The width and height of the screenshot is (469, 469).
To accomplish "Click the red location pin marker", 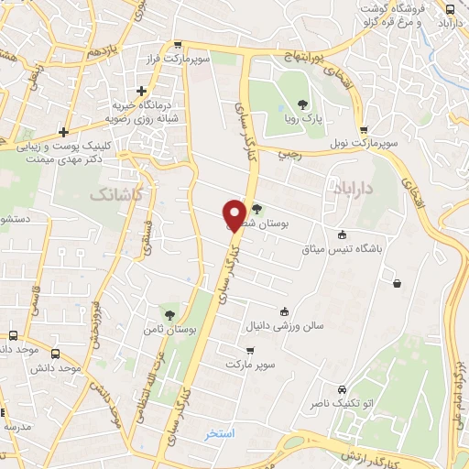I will [234, 214].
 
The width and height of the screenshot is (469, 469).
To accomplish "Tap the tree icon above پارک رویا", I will [303, 104].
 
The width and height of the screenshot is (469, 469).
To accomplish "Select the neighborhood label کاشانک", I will [116, 195].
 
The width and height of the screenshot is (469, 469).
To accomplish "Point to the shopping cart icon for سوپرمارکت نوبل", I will [365, 129].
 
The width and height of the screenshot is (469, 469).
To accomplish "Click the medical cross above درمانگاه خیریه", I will [141, 91].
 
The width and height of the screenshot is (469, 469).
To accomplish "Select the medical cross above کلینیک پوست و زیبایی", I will [62, 130].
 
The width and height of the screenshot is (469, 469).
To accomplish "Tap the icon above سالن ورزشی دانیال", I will [284, 310].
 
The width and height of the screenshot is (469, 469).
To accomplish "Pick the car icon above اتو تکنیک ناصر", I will [343, 387].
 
